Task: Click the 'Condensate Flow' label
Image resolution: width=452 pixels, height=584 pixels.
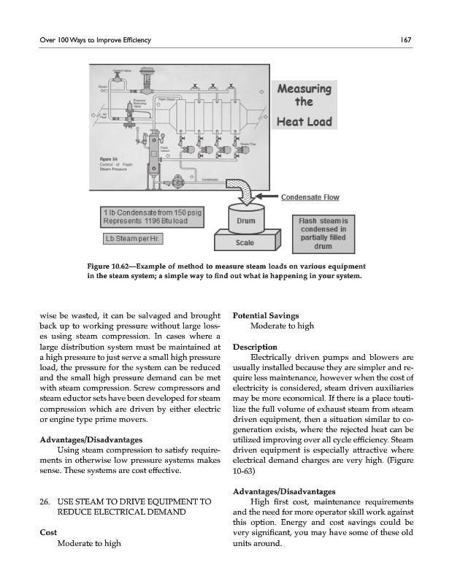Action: (310, 197)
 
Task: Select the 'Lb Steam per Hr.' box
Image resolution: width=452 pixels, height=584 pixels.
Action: (134, 239)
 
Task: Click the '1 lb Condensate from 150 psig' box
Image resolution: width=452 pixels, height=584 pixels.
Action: (151, 217)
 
